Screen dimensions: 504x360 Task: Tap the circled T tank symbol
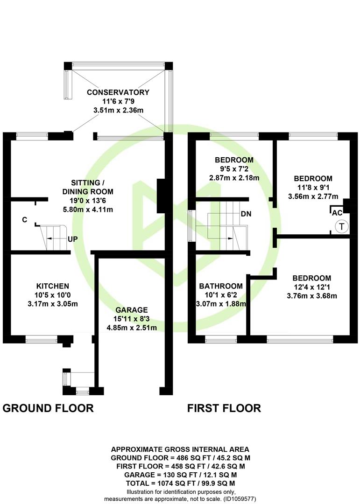click(341, 227)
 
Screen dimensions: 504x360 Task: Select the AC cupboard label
click(338, 212)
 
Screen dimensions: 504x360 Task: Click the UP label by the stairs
click(72, 238)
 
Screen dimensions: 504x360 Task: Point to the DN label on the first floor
click(247, 214)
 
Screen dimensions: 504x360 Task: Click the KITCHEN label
click(53, 286)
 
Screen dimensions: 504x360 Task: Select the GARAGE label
click(132, 310)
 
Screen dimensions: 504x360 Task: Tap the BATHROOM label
click(221, 286)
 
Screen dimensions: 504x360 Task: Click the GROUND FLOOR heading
click(48, 408)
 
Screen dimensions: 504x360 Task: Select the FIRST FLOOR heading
click(224, 408)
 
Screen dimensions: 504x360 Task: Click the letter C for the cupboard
click(24, 219)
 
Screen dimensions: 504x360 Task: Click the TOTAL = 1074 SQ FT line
click(180, 483)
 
